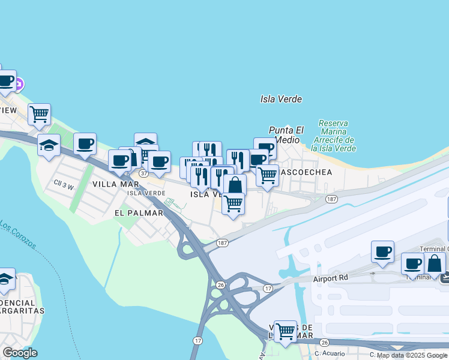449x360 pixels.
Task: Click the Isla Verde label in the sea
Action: click(x=281, y=99)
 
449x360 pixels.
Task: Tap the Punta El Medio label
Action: click(x=286, y=134)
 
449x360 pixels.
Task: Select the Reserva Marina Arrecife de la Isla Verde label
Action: click(x=334, y=136)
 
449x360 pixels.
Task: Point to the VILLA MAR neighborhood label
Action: click(x=116, y=184)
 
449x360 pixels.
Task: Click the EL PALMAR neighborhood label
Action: click(x=139, y=212)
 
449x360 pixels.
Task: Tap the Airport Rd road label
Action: click(x=331, y=279)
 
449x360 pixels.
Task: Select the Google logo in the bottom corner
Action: click(x=20, y=353)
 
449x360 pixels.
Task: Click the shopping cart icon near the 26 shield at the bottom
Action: click(x=285, y=331)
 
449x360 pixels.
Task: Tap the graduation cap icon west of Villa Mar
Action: click(x=49, y=145)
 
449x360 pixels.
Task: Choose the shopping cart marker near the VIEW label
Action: click(x=39, y=113)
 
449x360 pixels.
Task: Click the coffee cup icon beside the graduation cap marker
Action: click(x=85, y=143)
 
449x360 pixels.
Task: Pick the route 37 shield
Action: click(x=143, y=173)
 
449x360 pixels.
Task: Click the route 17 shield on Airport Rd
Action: click(x=268, y=289)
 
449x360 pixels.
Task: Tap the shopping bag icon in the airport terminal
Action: click(x=435, y=263)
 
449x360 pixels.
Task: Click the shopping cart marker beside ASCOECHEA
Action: click(x=267, y=175)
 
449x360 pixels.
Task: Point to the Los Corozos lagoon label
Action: click(x=18, y=236)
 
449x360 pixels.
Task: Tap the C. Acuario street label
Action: click(x=330, y=353)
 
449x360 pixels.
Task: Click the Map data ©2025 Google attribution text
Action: click(x=409, y=355)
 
